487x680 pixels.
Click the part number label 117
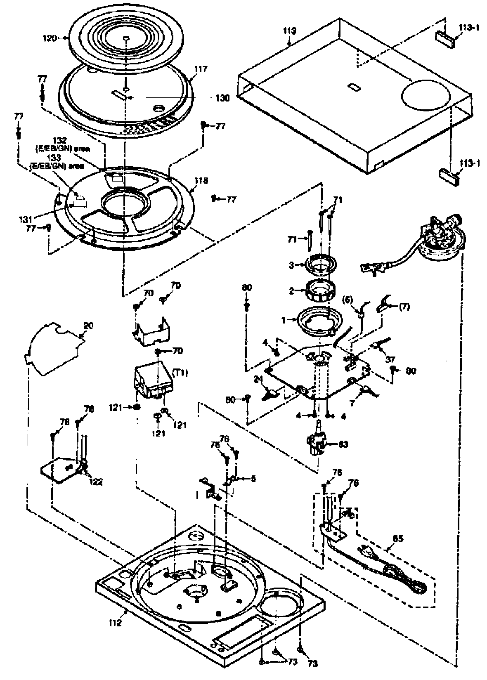point(201,69)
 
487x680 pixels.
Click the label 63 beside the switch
point(343,444)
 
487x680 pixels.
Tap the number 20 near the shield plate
point(88,326)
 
